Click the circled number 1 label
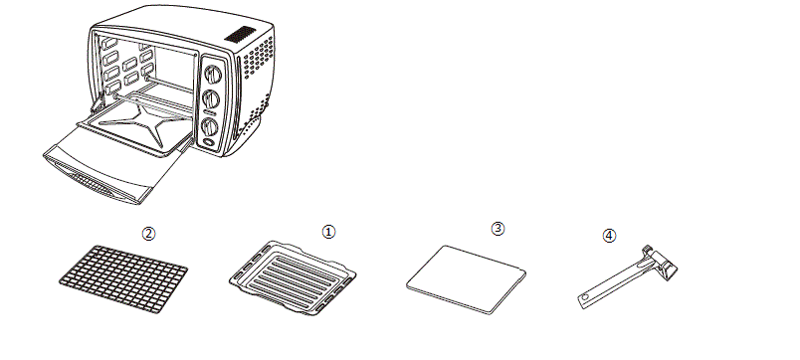coord(328,232)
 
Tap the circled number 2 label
coord(148,234)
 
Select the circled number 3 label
coord(498,229)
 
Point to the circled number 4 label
coord(609,235)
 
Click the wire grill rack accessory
coord(123,278)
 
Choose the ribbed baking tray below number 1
coord(293,277)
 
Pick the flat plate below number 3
coord(466,279)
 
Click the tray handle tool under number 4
coord(628,276)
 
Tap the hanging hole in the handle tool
coord(585,297)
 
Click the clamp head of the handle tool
coord(663,263)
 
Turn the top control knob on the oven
coord(213,75)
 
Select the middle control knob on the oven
coord(211,98)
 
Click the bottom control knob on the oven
coord(210,126)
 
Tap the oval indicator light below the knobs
coord(209,142)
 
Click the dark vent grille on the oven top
coord(240,34)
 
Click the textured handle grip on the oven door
coord(92,183)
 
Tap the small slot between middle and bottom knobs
coord(208,112)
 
